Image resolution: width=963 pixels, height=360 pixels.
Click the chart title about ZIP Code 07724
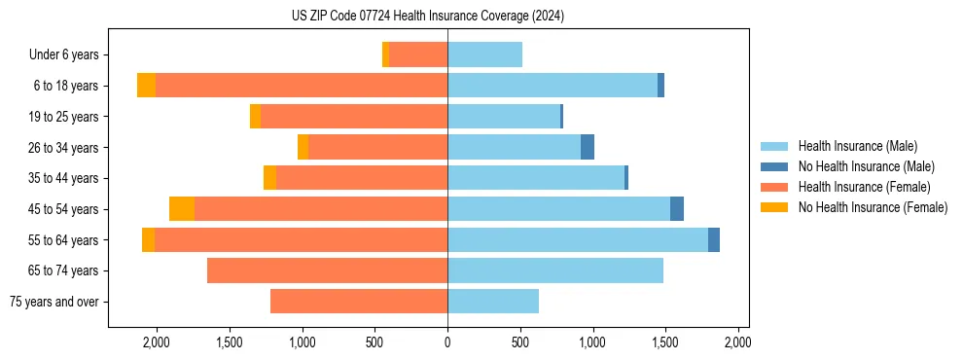pos(427,17)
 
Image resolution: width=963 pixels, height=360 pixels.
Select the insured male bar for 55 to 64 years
pos(578,239)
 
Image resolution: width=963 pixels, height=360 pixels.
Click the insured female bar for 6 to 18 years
pos(302,86)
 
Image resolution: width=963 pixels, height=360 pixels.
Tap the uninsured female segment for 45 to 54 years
pos(182,209)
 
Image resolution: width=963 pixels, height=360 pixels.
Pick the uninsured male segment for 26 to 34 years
pos(588,147)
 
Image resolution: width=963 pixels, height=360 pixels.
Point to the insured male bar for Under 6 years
pos(484,54)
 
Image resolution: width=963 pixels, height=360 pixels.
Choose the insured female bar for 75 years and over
pos(359,302)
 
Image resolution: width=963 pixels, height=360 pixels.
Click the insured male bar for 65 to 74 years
pos(555,270)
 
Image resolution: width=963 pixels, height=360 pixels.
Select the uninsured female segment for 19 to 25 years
pos(255,117)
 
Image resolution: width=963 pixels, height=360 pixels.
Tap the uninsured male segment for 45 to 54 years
pos(677,209)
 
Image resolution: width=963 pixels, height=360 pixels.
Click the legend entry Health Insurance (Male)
pos(857,146)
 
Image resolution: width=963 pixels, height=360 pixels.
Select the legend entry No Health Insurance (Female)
pos(873,207)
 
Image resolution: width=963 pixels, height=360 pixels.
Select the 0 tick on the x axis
pos(447,342)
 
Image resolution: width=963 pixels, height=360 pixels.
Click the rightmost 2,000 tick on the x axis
pos(737,342)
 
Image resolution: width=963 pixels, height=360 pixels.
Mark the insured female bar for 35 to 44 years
pos(362,178)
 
